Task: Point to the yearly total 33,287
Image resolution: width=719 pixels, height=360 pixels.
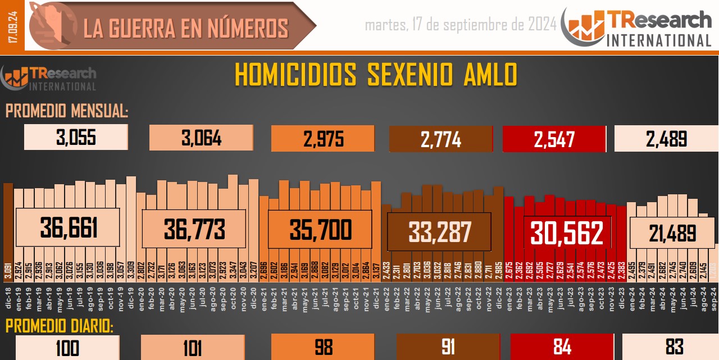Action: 440,231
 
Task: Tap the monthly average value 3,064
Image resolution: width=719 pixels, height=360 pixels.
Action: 201,138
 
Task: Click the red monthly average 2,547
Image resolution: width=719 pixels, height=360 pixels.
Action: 554,139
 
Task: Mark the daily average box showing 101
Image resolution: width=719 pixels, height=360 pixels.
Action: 193,348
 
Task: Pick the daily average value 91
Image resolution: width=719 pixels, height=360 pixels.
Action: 448,347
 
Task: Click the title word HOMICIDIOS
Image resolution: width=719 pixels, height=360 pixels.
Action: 295,75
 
